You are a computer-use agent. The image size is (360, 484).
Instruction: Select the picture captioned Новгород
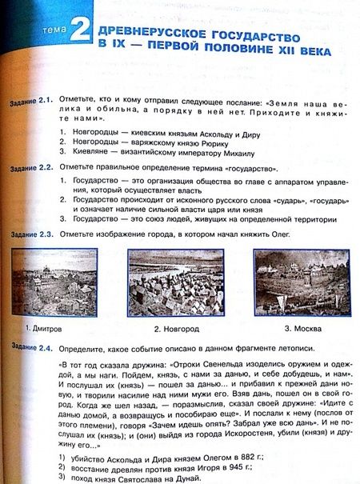(x=176, y=282)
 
